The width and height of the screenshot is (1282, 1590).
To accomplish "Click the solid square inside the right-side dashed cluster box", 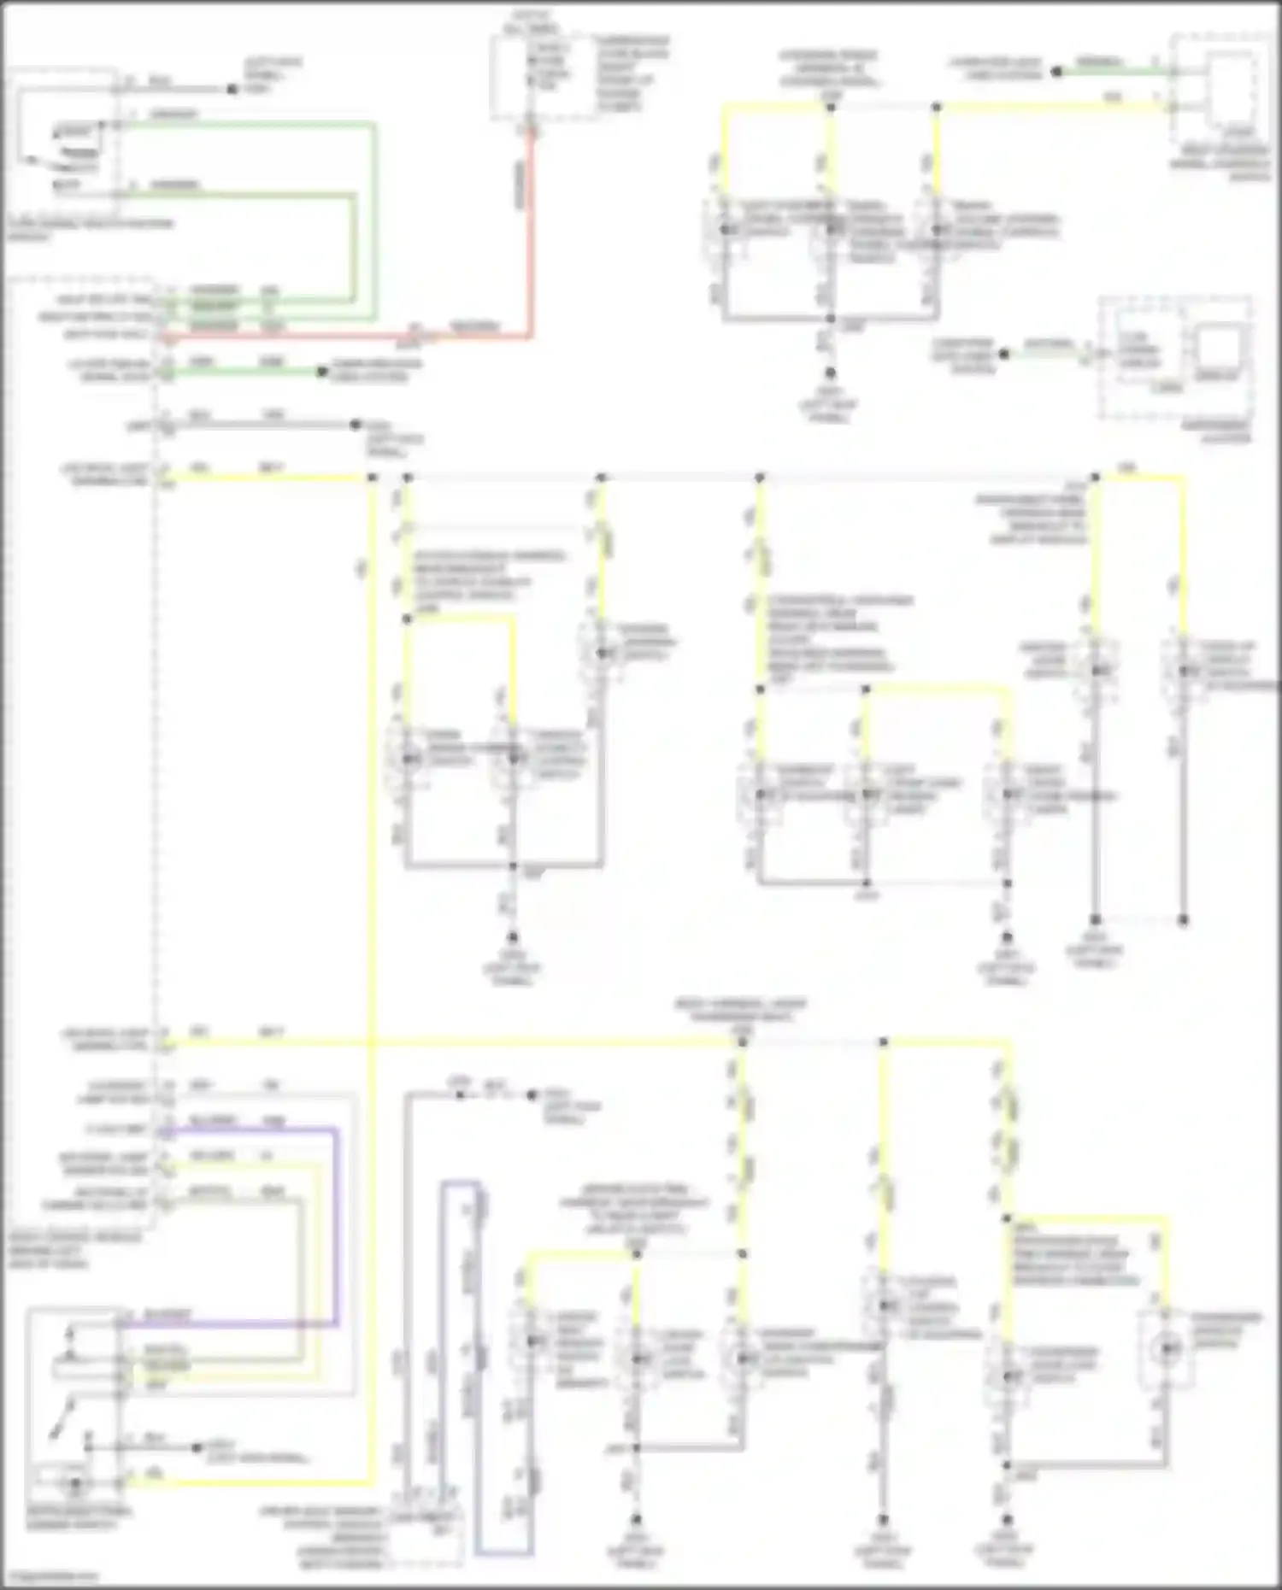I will tap(1217, 350).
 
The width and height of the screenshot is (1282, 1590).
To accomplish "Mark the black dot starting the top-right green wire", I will tap(1056, 73).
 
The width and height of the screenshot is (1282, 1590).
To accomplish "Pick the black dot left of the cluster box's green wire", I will tap(1005, 354).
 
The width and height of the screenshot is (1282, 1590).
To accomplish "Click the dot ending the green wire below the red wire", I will tap(322, 372).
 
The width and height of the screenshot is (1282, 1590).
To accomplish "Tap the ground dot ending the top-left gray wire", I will tap(232, 89).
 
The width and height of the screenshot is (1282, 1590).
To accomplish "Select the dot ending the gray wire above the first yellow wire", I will tap(356, 425).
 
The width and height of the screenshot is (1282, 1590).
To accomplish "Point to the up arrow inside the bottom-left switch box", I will tap(72, 1335).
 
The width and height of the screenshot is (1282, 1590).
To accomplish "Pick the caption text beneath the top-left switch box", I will tap(90, 230).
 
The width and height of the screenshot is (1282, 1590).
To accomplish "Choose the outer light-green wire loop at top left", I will tap(373, 214).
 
